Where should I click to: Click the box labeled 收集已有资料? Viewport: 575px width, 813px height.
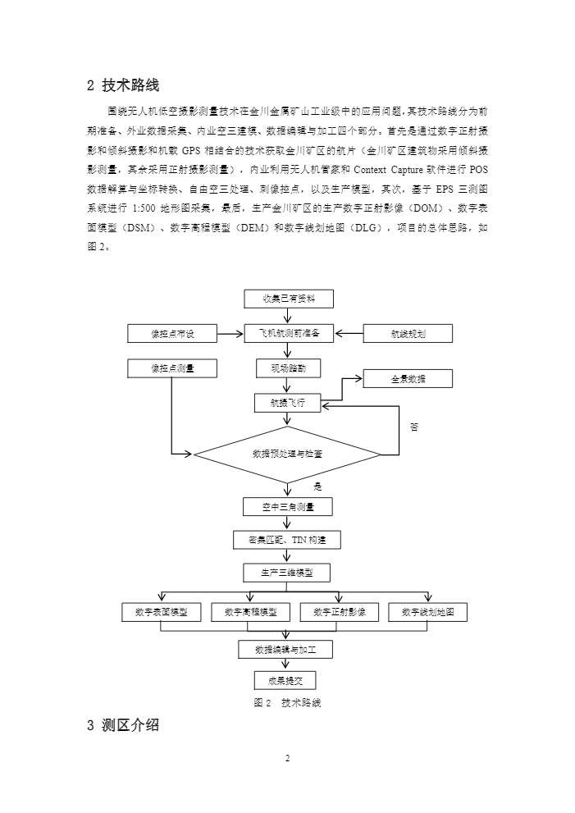(288, 299)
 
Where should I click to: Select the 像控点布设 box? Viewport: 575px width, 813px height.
(172, 334)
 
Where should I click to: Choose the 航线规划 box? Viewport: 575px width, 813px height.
(408, 334)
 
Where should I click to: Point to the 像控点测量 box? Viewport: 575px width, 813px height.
(172, 368)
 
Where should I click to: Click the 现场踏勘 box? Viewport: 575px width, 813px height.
(283, 368)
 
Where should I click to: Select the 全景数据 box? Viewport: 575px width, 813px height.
(408, 378)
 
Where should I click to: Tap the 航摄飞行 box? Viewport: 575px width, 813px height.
(287, 403)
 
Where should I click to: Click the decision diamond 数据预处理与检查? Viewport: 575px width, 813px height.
(287, 453)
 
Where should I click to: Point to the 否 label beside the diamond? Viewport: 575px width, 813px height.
(414, 427)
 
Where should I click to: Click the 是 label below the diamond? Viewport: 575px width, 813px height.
(317, 486)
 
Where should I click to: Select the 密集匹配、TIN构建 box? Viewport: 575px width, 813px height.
(287, 539)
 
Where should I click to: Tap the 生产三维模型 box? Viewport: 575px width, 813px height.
(287, 572)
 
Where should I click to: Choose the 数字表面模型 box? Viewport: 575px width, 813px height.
(161, 612)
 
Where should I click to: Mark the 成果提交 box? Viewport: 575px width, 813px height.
(285, 681)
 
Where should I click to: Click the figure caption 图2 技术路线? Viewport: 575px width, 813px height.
(287, 703)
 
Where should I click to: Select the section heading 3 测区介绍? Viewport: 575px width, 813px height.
(123, 725)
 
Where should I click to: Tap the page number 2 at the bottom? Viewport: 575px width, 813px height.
(288, 758)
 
